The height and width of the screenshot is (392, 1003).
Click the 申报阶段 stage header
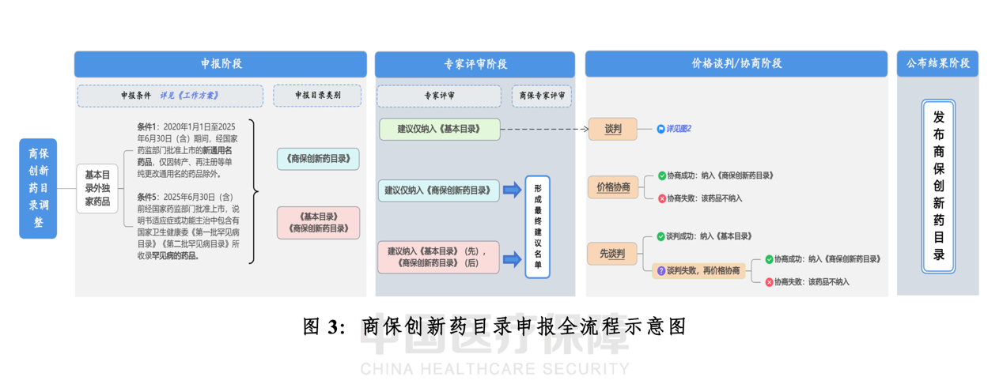pos(220,64)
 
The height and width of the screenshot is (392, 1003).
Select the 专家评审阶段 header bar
pos(475,64)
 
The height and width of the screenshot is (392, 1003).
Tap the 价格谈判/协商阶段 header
pos(736,64)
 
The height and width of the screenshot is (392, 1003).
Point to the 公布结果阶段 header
pos(937,64)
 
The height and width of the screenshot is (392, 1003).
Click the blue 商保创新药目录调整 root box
pos(38,188)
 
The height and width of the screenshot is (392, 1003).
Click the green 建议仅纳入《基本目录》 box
pos(439,129)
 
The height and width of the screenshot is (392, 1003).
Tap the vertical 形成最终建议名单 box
pos(537,227)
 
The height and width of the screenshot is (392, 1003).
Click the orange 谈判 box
pos(612,129)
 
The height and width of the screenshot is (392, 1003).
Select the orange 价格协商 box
pos(613,187)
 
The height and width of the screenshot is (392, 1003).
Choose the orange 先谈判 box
pos(612,254)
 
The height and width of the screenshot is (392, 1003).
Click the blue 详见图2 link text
pos(678,129)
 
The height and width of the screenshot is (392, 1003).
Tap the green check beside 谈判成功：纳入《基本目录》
pos(661,236)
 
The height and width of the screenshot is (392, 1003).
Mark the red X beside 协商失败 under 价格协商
pos(662,198)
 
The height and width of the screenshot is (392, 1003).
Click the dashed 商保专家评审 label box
pos(542,96)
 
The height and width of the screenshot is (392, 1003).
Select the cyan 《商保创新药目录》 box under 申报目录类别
pos(319,159)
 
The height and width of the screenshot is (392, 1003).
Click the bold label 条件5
pos(147,197)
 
